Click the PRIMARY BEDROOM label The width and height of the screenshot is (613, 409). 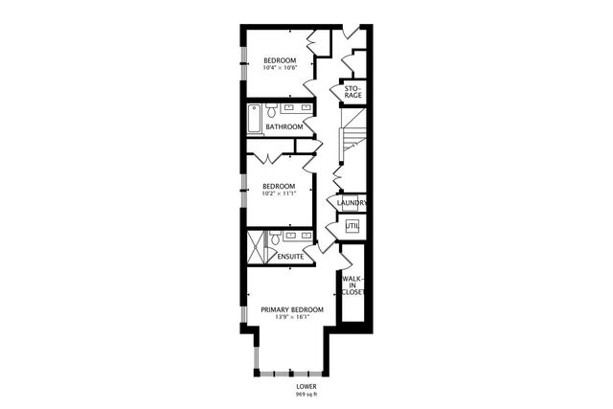point(292,310)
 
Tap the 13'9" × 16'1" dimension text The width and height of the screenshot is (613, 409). point(292,319)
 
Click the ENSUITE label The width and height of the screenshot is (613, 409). point(290,257)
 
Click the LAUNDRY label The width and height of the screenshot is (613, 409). point(352,203)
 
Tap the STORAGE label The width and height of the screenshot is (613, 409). point(352,92)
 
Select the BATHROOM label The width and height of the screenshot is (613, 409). point(284,126)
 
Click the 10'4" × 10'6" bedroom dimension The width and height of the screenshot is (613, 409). point(281,68)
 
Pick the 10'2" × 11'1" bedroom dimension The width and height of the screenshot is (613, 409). point(280,193)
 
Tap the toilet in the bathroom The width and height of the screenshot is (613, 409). point(271,108)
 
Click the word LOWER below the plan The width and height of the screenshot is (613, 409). point(306,386)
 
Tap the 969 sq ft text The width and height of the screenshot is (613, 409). point(306,395)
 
